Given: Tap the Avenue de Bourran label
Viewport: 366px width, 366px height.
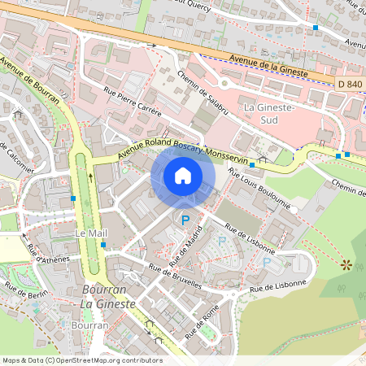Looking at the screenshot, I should click(30, 80).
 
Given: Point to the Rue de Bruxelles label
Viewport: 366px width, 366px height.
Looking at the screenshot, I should click(175, 274).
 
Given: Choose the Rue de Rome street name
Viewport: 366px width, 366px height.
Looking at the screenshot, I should click(203, 321).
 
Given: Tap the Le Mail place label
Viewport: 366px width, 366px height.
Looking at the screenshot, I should click(91, 233).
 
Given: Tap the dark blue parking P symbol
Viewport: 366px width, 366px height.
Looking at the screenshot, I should click(185, 220).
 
